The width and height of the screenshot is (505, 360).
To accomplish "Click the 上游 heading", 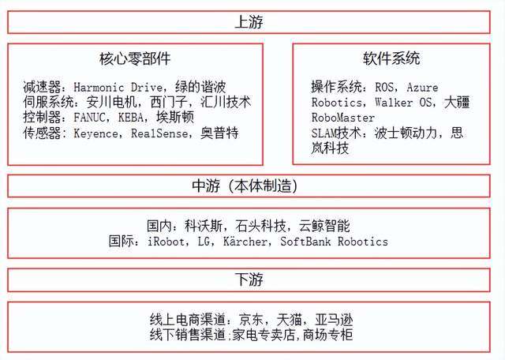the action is [249, 22].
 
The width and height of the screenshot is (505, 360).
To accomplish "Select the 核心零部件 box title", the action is [135, 58].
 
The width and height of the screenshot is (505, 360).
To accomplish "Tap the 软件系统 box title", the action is [391, 58].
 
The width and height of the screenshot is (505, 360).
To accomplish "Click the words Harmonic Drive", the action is [118, 88].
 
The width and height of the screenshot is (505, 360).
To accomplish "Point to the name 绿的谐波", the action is [200, 87].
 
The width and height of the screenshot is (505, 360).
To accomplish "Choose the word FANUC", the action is [89, 118].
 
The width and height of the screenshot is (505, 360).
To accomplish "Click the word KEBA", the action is [130, 118].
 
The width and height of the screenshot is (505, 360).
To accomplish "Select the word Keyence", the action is [95, 133].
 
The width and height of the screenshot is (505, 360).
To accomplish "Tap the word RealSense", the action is [159, 133].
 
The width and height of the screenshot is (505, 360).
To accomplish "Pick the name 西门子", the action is [169, 102].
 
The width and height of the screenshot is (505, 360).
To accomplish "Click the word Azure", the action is [422, 88].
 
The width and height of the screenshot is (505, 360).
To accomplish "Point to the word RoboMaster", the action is [343, 118].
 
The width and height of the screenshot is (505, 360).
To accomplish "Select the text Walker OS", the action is [405, 103].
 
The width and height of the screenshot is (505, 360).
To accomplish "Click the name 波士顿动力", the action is [406, 133].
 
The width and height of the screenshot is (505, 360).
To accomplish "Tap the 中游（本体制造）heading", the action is [245, 186].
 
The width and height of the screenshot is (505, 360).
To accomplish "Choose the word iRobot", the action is [166, 242].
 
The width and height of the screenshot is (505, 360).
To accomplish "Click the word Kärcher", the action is [245, 242].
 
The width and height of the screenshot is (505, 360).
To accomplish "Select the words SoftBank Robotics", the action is [334, 242].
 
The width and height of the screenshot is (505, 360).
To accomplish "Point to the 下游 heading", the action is [249, 279].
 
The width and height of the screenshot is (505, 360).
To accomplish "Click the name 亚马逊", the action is [334, 320].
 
